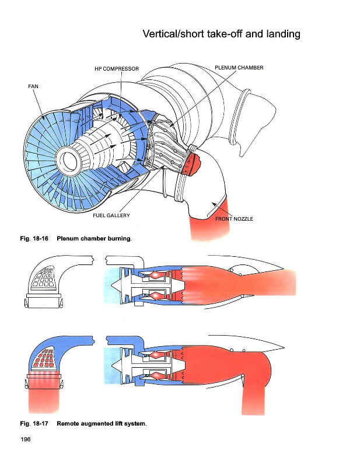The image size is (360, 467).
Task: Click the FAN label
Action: (33, 86)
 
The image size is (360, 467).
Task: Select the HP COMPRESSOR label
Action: (117, 69)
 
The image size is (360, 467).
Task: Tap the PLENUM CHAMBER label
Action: (239, 68)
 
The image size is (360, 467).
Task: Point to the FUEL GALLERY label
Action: (111, 215)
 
